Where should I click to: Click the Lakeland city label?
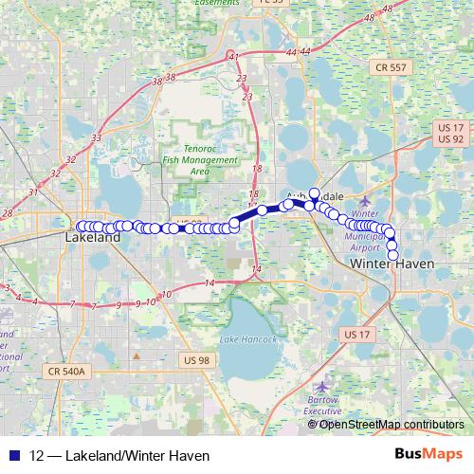[93, 239]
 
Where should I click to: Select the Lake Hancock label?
[248, 339]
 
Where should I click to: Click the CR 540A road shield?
[66, 373]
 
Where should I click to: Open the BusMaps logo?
[428, 454]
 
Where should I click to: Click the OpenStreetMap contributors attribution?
[392, 424]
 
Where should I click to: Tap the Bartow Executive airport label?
[323, 406]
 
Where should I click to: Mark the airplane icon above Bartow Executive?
[322, 387]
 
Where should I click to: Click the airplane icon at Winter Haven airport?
[365, 201]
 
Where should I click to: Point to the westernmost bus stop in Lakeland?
[81, 226]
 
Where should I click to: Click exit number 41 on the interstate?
[233, 59]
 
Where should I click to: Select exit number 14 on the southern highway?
[210, 283]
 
